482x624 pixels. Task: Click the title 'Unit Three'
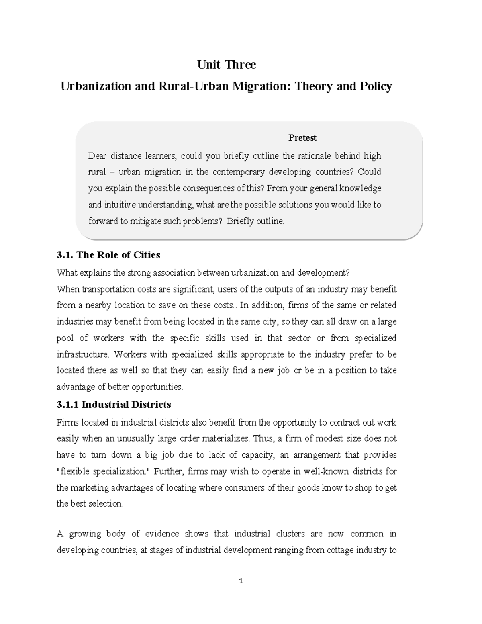226,65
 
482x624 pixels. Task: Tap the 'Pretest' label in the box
302,138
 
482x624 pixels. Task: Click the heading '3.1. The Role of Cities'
108,255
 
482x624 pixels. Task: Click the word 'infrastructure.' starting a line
83,354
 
